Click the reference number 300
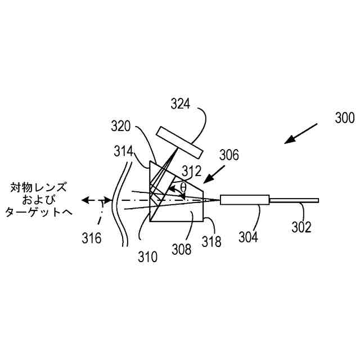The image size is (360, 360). pyautogui.click(x=344, y=119)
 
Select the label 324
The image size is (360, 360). pyautogui.click(x=182, y=104)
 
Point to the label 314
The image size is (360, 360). pyautogui.click(x=122, y=151)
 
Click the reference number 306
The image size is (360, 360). pyautogui.click(x=229, y=155)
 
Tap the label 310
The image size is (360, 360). pyautogui.click(x=148, y=257)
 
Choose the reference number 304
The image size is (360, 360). pyautogui.click(x=247, y=237)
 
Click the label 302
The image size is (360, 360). pyautogui.click(x=301, y=227)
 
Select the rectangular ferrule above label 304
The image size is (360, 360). pyautogui.click(x=245, y=200)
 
